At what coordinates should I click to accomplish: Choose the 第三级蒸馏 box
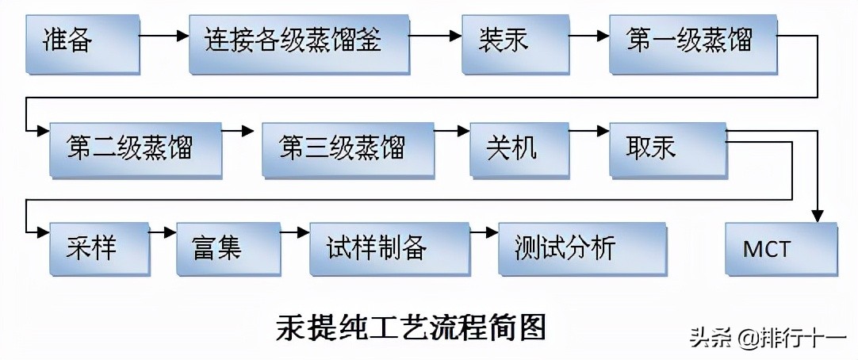pos(347,148)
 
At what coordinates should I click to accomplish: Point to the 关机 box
pos(518,148)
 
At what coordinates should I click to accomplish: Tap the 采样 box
pos(99,248)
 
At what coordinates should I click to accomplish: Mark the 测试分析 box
pos(581,248)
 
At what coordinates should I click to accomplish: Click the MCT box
pos(780,248)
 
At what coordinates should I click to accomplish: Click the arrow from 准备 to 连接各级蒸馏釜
pos(165,36)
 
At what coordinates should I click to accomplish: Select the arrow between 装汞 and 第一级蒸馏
pos(588,36)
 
